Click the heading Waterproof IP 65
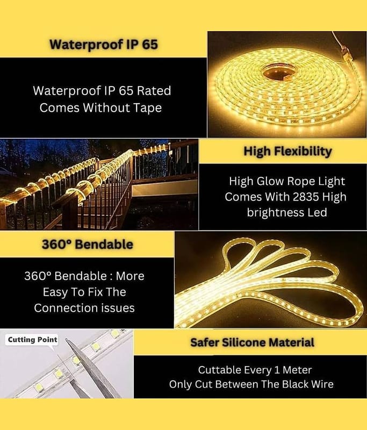click(104, 44)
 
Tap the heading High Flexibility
click(288, 152)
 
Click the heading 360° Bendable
click(88, 245)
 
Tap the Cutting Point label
click(33, 340)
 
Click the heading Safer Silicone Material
click(252, 342)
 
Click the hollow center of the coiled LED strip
click(278, 72)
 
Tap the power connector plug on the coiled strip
click(343, 52)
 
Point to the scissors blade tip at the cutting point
click(66, 340)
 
